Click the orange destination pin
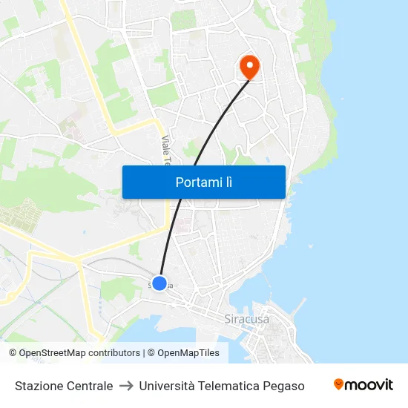click(x=249, y=69)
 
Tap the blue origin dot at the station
click(x=159, y=283)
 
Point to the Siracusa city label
click(x=246, y=320)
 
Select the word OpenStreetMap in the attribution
click(x=51, y=353)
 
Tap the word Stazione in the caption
click(x=38, y=386)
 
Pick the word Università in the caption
click(x=166, y=386)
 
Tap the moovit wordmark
click(x=369, y=384)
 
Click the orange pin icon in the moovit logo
click(x=339, y=384)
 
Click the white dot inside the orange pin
click(x=249, y=65)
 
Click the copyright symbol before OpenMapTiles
click(x=151, y=353)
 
